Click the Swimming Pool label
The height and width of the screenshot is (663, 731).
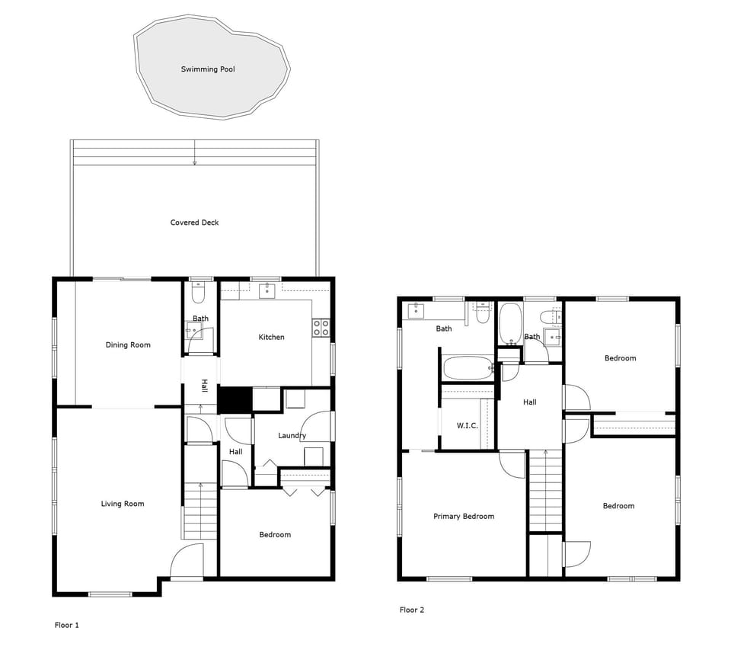[x=208, y=69]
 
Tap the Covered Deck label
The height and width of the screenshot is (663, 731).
[x=194, y=223]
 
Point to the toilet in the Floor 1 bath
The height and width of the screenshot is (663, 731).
[x=199, y=294]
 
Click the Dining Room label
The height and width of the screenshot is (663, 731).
[x=128, y=345]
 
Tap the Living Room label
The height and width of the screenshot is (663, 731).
[x=123, y=504]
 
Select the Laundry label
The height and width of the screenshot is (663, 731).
[x=292, y=436]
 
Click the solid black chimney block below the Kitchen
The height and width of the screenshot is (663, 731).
[x=235, y=400]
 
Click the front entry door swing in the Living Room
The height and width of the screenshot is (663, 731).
[x=185, y=562]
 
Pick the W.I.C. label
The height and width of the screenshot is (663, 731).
[x=468, y=425]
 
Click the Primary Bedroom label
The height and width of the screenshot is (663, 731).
[x=464, y=517]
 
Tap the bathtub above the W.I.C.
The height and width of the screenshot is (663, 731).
[x=468, y=368]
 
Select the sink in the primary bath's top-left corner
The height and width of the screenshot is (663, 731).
[x=416, y=309]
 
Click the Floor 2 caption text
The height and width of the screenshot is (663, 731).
[x=412, y=610]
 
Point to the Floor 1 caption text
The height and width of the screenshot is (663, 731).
[x=67, y=626]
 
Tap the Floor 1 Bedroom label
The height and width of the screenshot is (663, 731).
[x=275, y=535]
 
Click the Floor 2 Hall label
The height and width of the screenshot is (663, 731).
[x=529, y=402]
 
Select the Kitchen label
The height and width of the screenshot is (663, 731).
[x=271, y=338]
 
